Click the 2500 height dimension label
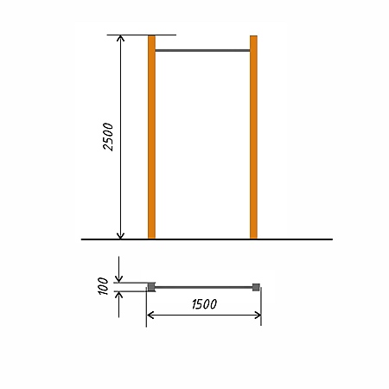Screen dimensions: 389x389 click(108, 137)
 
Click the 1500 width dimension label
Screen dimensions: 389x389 click(204, 304)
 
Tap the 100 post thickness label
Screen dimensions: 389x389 click(103, 286)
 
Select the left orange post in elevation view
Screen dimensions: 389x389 click(151, 137)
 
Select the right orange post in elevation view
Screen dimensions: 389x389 click(253, 137)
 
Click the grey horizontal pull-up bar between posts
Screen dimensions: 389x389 click(202, 50)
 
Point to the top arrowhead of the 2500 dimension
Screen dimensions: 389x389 click(120, 38)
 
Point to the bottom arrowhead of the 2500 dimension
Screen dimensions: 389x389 click(120, 236)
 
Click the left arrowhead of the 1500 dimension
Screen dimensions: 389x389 click(150, 316)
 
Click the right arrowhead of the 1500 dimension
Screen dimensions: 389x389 click(258, 316)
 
